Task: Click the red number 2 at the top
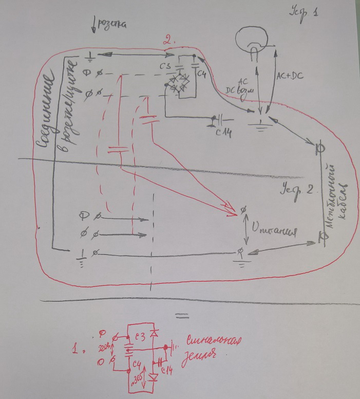(166, 40)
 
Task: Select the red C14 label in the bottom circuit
(165, 371)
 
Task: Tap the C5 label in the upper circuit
(165, 67)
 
